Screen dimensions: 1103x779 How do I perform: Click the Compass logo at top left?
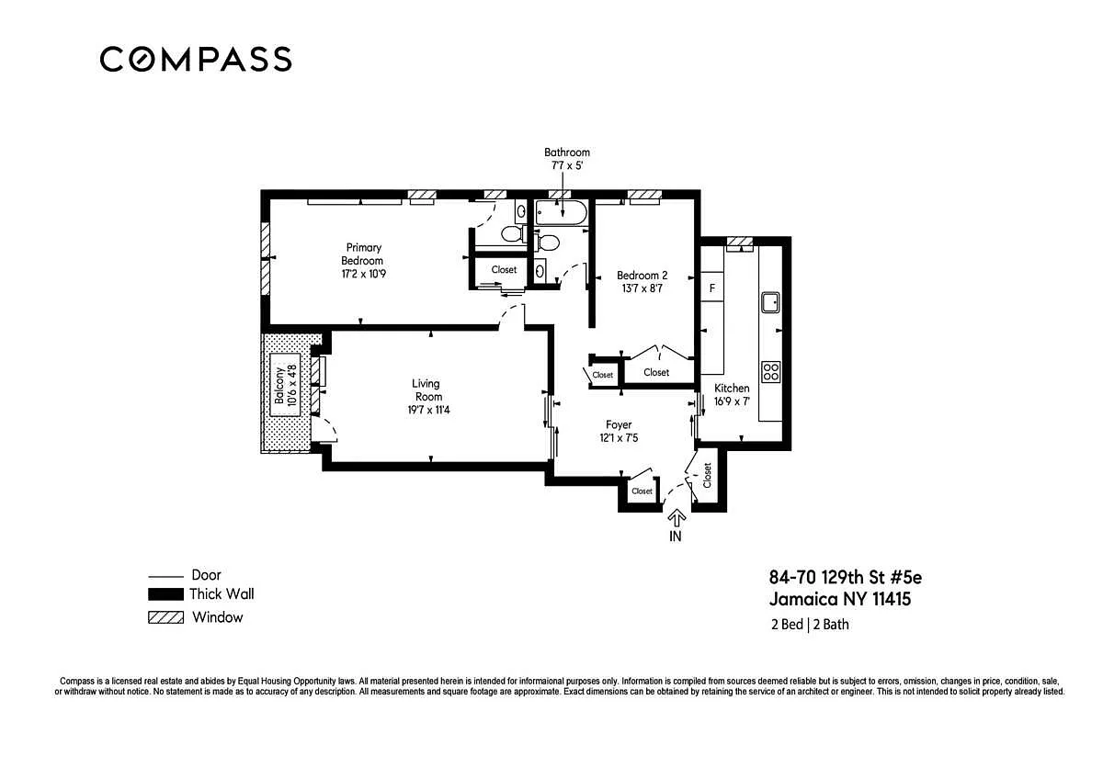click(x=196, y=60)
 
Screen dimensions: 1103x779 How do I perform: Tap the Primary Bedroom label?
click(x=363, y=254)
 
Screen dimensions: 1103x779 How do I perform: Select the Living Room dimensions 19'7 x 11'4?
click(x=428, y=410)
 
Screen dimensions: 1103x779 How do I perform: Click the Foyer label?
click(x=619, y=424)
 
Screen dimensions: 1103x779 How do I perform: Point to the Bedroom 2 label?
click(x=642, y=275)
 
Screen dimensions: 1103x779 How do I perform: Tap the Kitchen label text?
click(x=732, y=388)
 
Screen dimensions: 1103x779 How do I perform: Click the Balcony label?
click(x=279, y=385)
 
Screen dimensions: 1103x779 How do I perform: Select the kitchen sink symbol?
click(x=770, y=302)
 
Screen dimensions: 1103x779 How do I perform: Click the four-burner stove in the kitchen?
click(x=770, y=372)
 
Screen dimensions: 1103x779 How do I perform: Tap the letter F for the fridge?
click(x=712, y=288)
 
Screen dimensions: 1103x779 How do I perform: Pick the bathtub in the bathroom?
click(x=561, y=212)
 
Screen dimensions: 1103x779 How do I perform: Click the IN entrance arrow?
click(x=677, y=520)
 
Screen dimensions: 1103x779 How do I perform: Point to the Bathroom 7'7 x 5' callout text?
click(x=567, y=159)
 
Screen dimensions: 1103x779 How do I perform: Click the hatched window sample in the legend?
click(x=166, y=617)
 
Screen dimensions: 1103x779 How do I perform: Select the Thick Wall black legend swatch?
click(x=166, y=594)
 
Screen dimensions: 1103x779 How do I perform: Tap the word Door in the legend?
click(x=206, y=575)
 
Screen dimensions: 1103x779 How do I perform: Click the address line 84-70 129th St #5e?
click(x=846, y=577)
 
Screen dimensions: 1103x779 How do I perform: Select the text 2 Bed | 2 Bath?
click(x=810, y=625)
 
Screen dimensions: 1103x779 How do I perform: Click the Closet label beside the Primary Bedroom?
click(x=504, y=270)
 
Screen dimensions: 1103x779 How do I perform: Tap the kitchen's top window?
click(x=740, y=241)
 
